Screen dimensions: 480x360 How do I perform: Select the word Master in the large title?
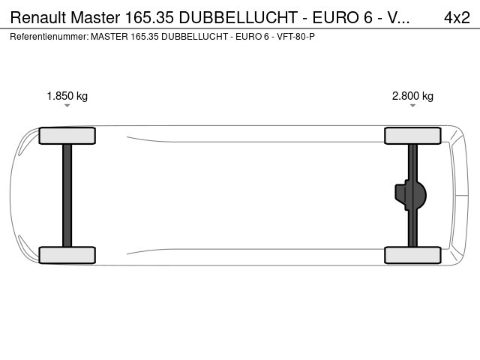95,17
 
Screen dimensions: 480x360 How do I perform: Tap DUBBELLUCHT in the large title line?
238,17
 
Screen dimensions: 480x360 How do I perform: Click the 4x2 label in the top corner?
457,17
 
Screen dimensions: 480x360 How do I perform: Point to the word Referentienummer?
49,37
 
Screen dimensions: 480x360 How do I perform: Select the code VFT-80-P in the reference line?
295,37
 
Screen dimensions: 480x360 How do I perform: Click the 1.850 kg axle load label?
67,96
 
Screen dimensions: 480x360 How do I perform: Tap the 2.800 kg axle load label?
412,96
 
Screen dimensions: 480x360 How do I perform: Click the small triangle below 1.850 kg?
67,106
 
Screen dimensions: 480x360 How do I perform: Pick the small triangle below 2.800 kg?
412,106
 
